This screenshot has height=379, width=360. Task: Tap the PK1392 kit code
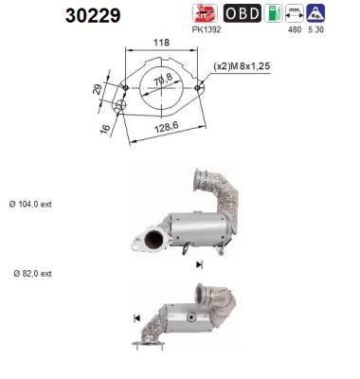click(207, 29)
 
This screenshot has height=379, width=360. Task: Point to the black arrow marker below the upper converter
click(199, 266)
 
